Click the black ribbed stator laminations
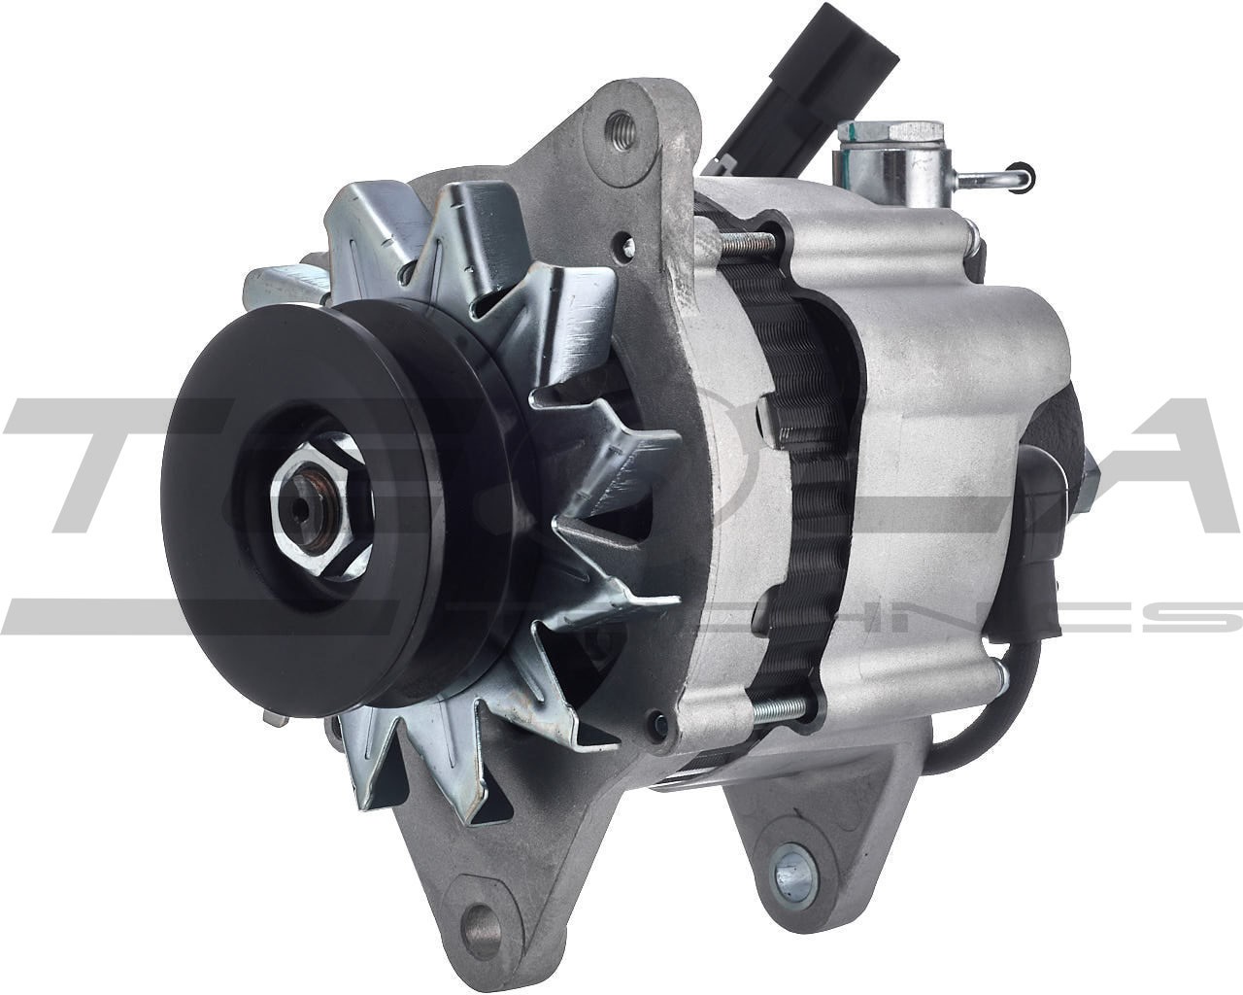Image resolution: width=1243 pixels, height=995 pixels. click(x=796, y=466)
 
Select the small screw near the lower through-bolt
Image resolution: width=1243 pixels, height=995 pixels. click(x=661, y=720)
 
